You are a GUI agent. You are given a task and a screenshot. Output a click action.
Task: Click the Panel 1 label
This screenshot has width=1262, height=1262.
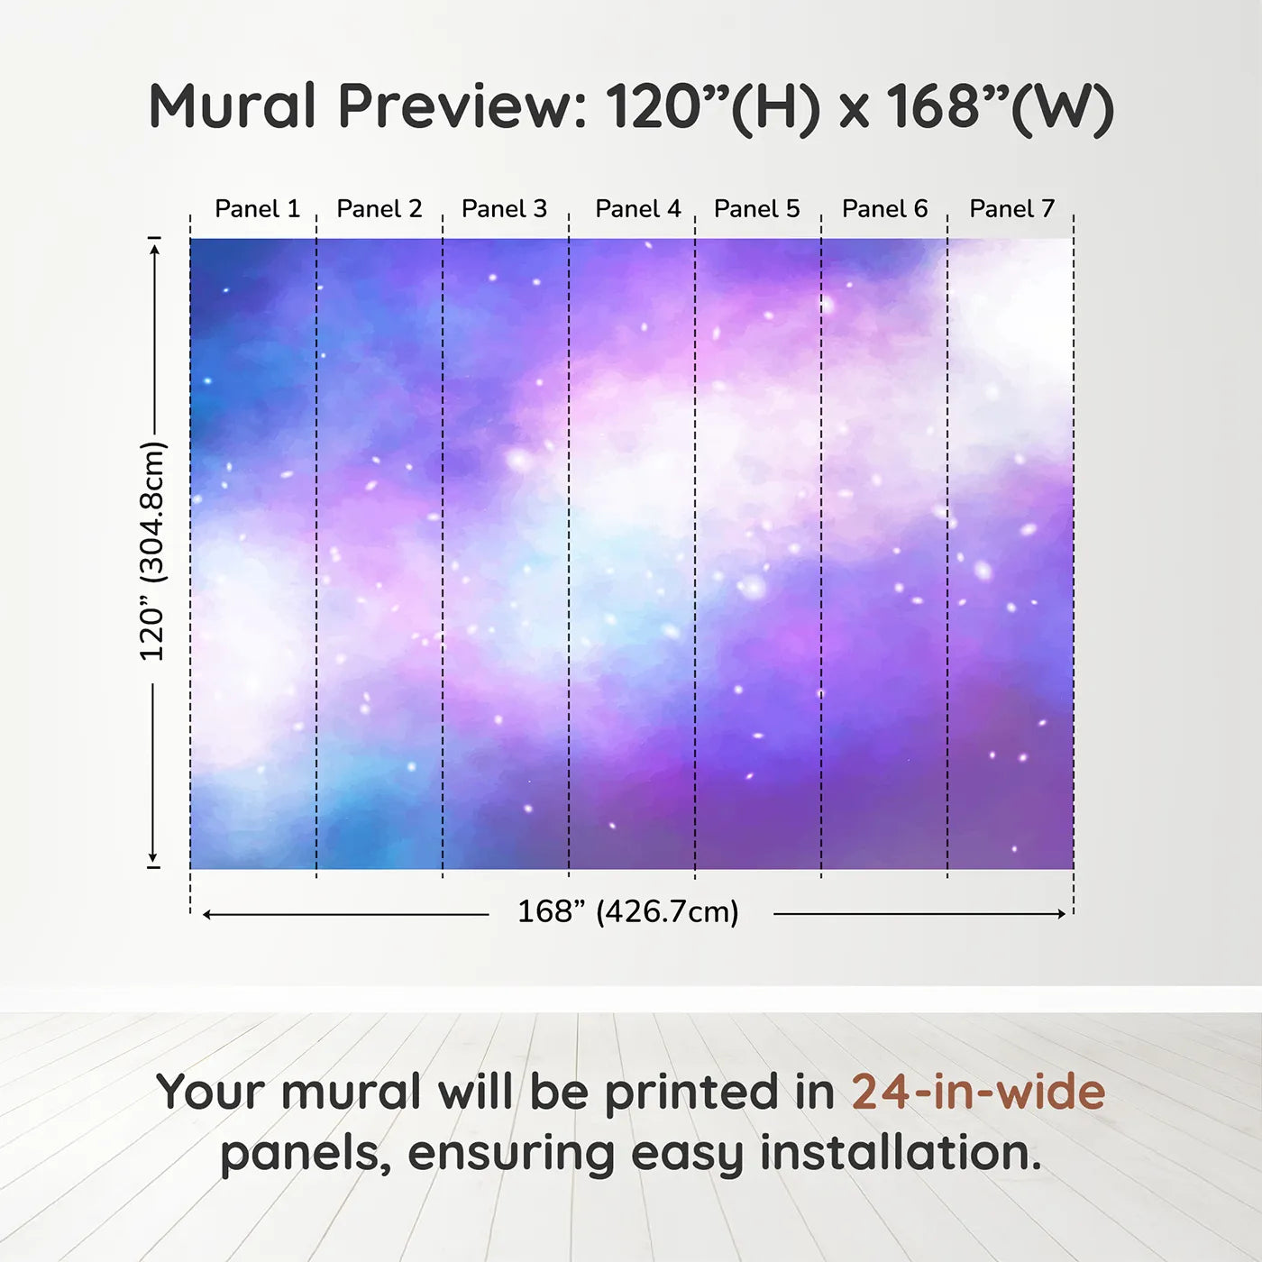pos(258,209)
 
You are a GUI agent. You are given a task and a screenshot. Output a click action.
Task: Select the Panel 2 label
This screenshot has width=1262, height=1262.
pos(380,209)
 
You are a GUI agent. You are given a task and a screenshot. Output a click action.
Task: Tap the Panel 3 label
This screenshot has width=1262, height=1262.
pos(504,209)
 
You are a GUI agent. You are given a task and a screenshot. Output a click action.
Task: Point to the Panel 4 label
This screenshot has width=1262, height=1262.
pos(638,209)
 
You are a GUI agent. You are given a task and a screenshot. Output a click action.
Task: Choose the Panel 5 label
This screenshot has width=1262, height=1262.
pos(757,209)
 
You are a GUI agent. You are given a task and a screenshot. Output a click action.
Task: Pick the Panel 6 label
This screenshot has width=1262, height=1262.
pos(885,209)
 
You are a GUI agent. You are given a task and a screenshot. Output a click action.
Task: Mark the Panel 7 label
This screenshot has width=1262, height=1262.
pos(1011,209)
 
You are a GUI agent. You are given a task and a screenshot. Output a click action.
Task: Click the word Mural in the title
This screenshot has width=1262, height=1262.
pos(233,105)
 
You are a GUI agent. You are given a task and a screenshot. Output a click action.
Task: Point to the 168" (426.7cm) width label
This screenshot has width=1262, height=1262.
pos(628,911)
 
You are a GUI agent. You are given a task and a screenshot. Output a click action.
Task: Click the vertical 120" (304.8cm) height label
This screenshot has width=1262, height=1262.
pos(153,552)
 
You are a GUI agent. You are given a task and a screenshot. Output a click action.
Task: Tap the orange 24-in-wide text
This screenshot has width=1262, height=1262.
pos(978,1092)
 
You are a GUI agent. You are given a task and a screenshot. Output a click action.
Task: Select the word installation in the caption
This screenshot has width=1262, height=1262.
pos(901,1153)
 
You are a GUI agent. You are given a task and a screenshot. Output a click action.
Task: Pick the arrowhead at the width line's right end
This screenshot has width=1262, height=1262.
pos(1062,914)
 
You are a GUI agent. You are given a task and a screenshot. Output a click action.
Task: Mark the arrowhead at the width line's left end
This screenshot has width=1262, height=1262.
pos(207,914)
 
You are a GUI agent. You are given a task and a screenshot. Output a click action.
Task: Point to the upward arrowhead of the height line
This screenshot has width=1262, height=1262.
pos(154,249)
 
